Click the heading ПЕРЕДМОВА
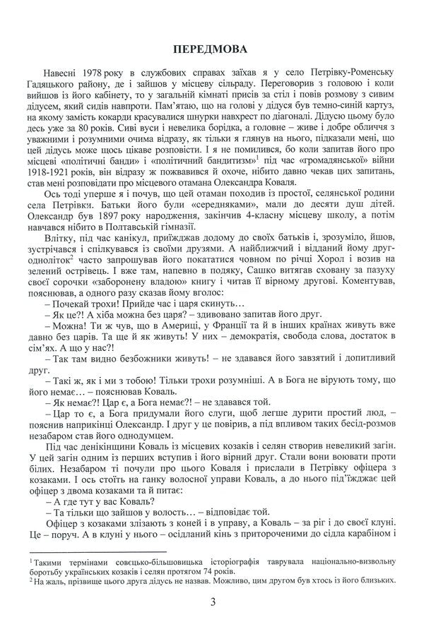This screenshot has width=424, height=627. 212,49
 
